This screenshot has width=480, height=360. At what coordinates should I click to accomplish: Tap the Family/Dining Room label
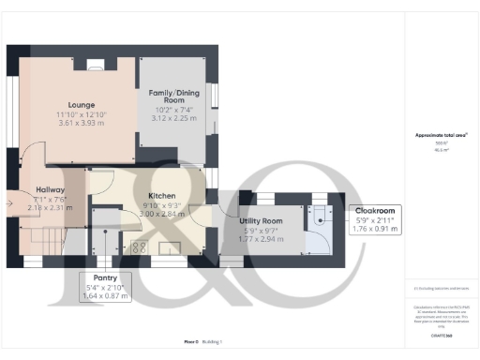pos(177,98)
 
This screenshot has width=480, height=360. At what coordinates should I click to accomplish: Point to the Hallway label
pos(51,189)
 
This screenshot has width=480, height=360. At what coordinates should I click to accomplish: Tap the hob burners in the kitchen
pos(137,247)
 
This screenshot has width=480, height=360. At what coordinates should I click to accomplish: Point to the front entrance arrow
pos(11,200)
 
